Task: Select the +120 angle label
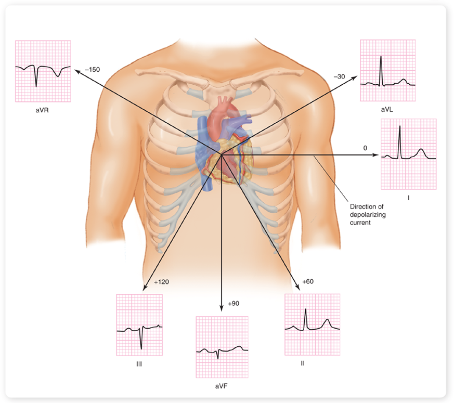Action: coord(162,281)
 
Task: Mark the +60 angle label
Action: coord(309,281)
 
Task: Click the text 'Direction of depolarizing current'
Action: coord(367,214)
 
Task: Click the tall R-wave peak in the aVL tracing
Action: coord(381,58)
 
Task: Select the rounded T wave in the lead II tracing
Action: coord(327,321)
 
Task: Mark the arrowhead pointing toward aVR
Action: coord(75,72)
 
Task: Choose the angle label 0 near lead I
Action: coord(365,148)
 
